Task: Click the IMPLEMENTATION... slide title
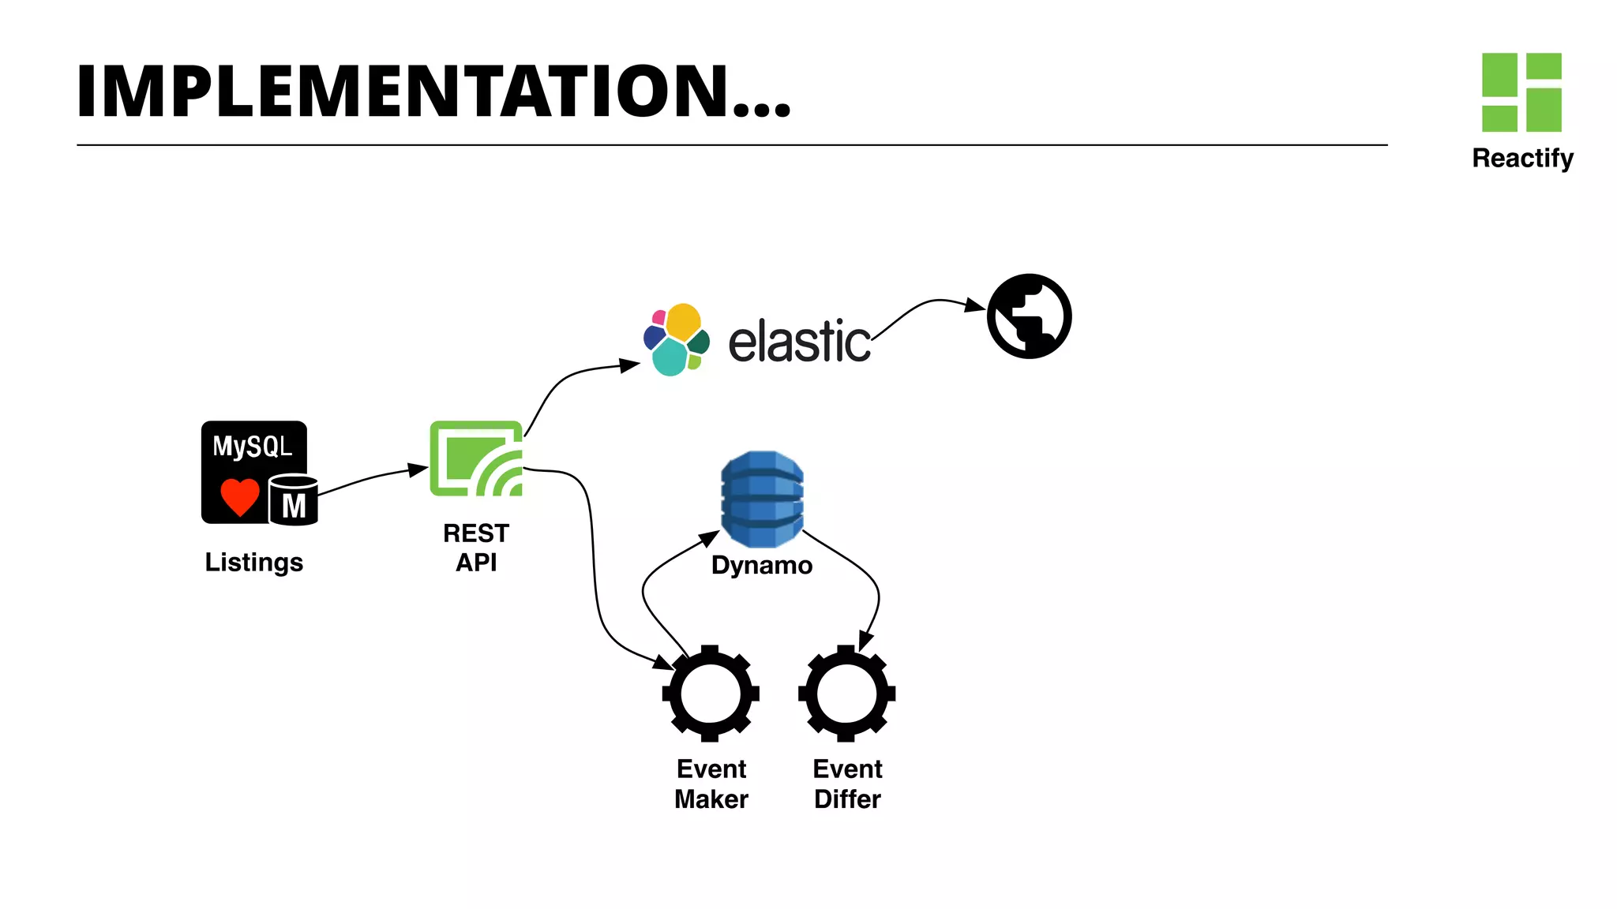click(433, 92)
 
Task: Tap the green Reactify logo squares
click(1521, 92)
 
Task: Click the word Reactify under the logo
click(1522, 158)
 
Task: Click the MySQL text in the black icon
click(252, 447)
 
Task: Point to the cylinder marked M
click(294, 500)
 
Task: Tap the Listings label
click(253, 563)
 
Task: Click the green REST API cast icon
click(476, 458)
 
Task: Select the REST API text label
click(476, 548)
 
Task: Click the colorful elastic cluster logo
click(676, 340)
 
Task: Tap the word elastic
click(799, 342)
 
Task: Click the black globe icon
click(1029, 316)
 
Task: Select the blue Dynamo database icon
click(762, 499)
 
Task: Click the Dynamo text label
click(761, 566)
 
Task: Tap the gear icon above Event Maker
click(711, 694)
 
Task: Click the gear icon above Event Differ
click(846, 694)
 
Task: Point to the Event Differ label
click(847, 784)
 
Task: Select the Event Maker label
click(711, 784)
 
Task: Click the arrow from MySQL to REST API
click(371, 478)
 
